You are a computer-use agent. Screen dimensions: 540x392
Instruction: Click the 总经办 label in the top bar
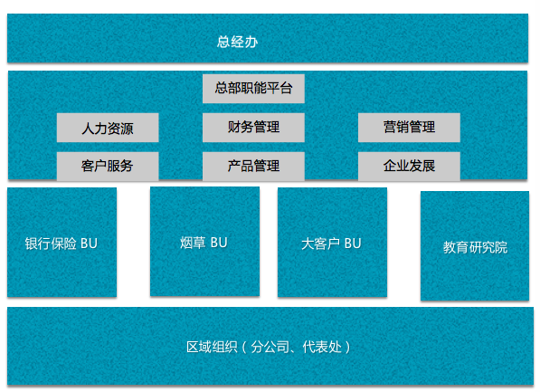237,42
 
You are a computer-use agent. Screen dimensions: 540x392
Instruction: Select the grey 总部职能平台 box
253,89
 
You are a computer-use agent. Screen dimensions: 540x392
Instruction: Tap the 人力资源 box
108,128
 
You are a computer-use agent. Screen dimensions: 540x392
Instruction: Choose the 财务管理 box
253,128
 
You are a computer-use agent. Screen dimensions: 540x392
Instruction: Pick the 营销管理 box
409,128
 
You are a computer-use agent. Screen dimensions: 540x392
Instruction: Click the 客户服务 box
108,167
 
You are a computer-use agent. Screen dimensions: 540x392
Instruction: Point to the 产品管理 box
253,167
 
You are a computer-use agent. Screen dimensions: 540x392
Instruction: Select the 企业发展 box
409,167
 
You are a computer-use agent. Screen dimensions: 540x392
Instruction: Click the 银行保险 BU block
62,242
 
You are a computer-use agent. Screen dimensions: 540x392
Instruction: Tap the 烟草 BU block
205,242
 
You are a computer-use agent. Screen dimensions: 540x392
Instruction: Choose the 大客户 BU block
332,242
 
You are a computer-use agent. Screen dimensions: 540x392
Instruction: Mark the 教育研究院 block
475,246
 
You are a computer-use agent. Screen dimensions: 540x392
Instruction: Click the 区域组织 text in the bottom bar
212,347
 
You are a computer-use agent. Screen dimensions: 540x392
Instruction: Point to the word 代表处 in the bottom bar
322,347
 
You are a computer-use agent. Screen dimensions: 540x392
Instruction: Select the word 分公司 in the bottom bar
270,347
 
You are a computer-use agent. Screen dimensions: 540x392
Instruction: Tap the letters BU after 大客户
353,244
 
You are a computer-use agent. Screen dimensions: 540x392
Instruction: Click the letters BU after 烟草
219,243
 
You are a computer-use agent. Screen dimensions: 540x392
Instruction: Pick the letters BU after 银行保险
89,244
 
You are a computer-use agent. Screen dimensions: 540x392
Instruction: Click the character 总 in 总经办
223,42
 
